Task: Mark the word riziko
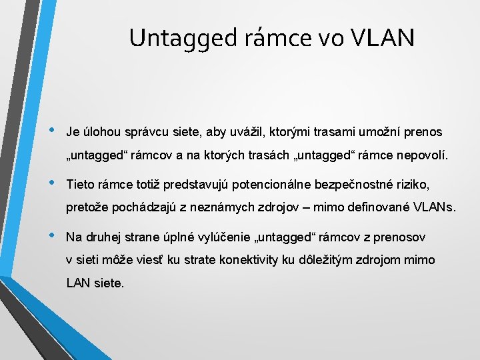[x=413, y=184]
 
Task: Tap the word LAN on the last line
[x=79, y=283]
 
